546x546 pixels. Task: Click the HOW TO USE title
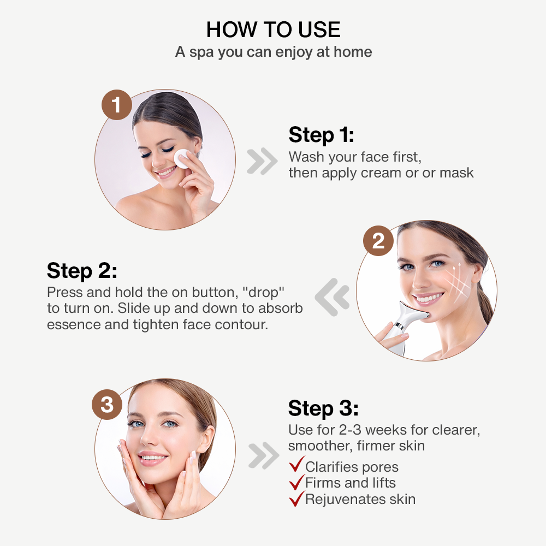274,29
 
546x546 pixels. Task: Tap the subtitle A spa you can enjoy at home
274,52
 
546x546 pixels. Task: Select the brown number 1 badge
117,105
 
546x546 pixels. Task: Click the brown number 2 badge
378,241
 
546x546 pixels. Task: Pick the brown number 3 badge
107,404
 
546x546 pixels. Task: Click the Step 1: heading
322,135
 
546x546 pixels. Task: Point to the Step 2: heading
82,271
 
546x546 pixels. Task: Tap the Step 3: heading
323,408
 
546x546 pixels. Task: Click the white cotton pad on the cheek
182,159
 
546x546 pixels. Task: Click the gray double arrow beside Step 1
262,161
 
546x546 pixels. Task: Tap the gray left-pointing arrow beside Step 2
332,297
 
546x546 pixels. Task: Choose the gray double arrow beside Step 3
264,455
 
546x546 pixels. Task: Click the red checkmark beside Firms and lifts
296,482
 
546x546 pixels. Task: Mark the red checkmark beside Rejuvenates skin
296,498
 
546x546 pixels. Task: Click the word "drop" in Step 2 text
263,293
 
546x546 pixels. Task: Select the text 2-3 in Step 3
350,430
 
